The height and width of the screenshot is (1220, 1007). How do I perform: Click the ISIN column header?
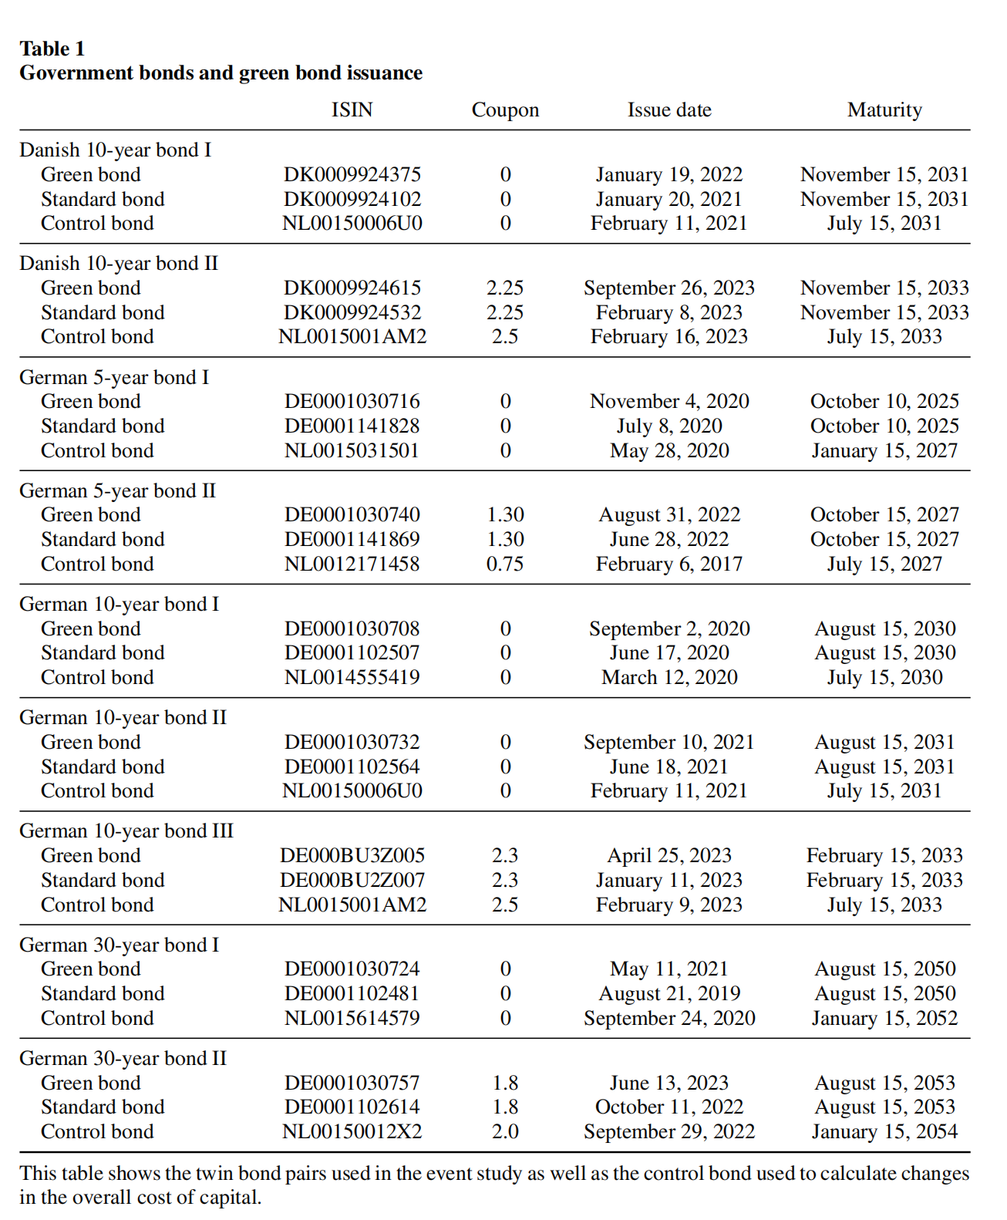(x=352, y=110)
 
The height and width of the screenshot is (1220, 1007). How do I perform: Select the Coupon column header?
(x=505, y=110)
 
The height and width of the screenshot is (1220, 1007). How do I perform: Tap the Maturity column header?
(x=884, y=110)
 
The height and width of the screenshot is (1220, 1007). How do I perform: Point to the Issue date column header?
(x=669, y=110)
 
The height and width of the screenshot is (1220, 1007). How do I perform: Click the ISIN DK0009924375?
(x=352, y=174)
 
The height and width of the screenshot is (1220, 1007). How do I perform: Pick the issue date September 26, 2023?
(x=669, y=288)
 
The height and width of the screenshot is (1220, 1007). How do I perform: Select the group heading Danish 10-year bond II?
(x=119, y=263)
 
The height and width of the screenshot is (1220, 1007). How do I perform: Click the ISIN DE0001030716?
(x=352, y=401)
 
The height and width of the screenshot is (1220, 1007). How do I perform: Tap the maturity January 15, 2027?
(x=884, y=450)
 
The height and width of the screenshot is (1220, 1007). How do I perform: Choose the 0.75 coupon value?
(x=505, y=564)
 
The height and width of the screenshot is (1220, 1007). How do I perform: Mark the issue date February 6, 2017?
(x=669, y=564)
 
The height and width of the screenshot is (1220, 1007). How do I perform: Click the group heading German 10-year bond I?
(x=119, y=604)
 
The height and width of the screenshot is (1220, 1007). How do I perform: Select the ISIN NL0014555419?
(x=352, y=677)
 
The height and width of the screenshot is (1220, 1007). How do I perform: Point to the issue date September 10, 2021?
(x=669, y=742)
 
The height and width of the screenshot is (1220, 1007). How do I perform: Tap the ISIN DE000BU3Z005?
(x=352, y=855)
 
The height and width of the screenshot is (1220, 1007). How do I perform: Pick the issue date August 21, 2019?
(x=669, y=993)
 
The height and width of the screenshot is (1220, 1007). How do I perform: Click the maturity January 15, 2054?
(x=884, y=1131)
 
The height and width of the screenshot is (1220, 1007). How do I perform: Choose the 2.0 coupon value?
(x=505, y=1131)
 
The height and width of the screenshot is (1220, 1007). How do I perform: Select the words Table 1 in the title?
(x=52, y=49)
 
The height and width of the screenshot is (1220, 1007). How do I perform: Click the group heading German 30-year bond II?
(x=123, y=1058)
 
